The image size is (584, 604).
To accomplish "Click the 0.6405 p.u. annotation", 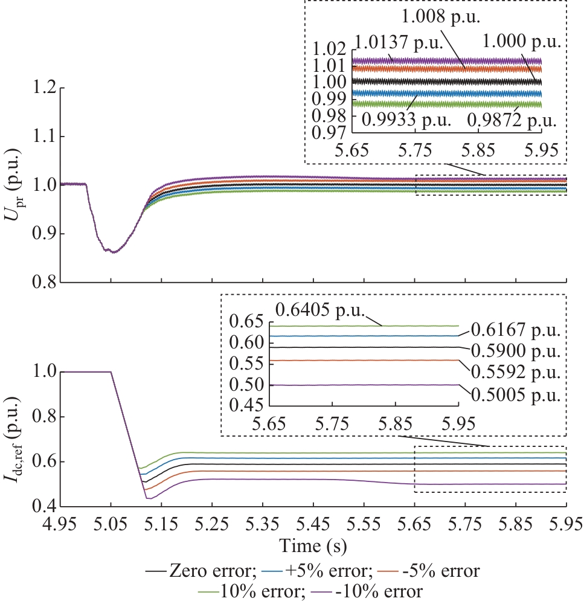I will coord(320,310).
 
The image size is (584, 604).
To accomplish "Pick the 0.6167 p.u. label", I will coord(516,331).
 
